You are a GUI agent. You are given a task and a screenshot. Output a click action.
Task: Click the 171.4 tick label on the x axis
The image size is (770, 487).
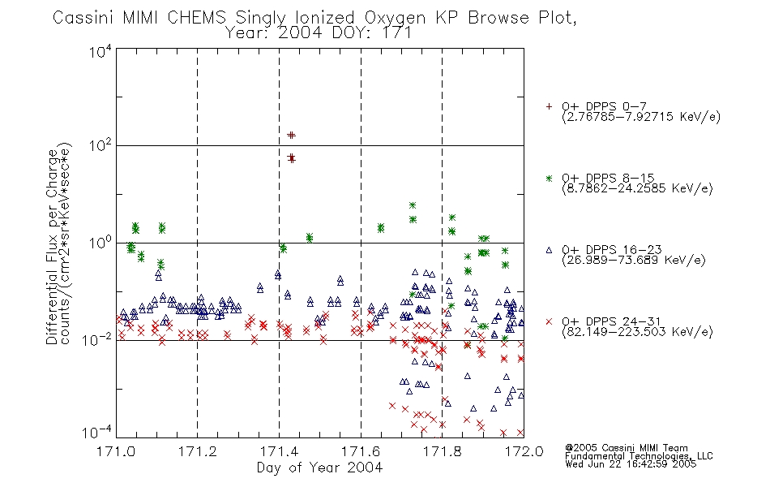tap(279, 451)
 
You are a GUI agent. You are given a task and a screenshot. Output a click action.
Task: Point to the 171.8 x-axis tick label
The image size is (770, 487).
tap(442, 451)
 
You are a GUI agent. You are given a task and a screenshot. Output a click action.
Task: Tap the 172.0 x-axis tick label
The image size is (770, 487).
tap(524, 451)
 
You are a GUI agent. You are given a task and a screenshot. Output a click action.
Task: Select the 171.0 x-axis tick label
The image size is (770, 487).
tap(116, 451)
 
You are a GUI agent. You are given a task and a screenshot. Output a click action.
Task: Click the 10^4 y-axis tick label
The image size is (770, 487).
tap(100, 51)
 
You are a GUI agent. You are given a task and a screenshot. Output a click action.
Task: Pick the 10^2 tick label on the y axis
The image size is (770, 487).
tap(100, 145)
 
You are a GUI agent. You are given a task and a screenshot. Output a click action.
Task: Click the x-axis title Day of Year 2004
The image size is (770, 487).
tap(319, 468)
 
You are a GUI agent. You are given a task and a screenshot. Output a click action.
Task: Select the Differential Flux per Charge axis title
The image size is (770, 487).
tap(52, 247)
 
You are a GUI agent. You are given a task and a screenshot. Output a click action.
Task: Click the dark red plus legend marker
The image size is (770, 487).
tap(549, 106)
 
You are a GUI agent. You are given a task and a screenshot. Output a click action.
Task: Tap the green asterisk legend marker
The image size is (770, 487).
tap(549, 179)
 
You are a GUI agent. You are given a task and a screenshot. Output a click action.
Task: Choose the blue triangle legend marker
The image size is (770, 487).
tap(549, 250)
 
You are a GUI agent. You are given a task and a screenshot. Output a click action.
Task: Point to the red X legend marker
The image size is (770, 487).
tap(549, 321)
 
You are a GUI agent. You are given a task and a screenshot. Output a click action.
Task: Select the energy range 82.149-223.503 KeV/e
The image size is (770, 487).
tap(637, 332)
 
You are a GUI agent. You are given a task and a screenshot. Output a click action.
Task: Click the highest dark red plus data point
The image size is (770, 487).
tap(291, 135)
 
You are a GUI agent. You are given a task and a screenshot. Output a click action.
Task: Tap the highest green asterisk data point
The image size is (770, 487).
tap(413, 205)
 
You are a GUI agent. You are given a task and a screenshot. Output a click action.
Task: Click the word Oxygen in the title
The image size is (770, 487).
tap(395, 18)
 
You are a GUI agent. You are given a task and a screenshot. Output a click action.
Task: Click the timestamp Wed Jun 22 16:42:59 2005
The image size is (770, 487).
tap(631, 464)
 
